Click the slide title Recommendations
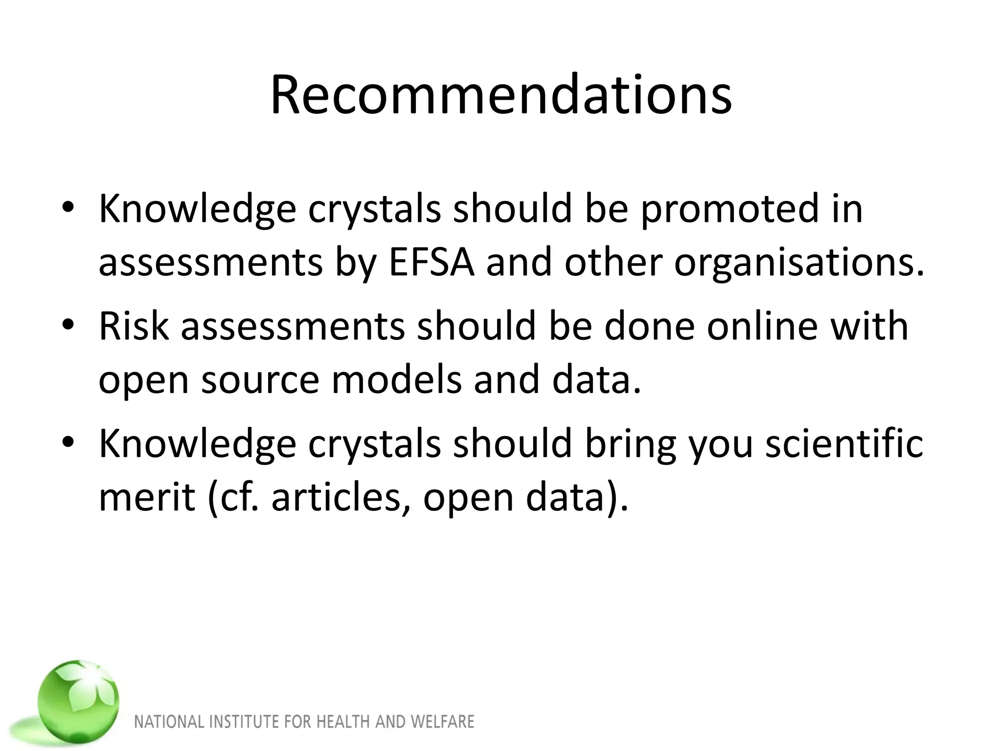(x=501, y=95)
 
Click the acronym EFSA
(x=432, y=263)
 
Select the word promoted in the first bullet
(x=729, y=209)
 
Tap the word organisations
(x=799, y=263)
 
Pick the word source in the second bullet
(x=260, y=380)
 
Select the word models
(x=396, y=380)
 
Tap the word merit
(x=147, y=497)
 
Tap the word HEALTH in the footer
(x=344, y=722)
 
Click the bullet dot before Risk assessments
(x=68, y=325)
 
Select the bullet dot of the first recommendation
(x=68, y=207)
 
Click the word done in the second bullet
(x=650, y=326)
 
